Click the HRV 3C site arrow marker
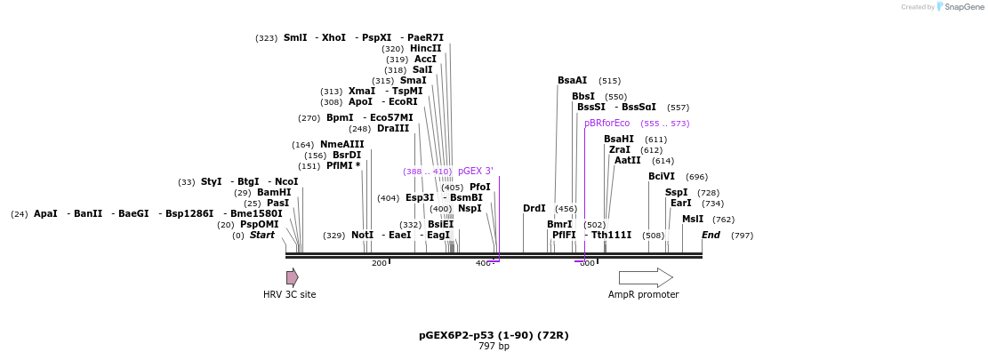click(x=292, y=277)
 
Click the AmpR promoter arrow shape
click(x=645, y=277)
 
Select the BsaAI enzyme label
click(x=572, y=81)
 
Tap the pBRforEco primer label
click(x=606, y=124)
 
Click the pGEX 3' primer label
click(x=475, y=172)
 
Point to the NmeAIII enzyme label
click(x=341, y=145)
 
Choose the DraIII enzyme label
click(x=393, y=129)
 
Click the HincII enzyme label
click(x=425, y=49)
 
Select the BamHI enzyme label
click(x=274, y=193)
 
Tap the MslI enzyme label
click(x=693, y=220)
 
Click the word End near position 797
click(x=711, y=236)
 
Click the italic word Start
click(x=261, y=236)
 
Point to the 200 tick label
click(x=379, y=263)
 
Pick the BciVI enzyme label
click(x=662, y=177)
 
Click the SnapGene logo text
click(x=964, y=7)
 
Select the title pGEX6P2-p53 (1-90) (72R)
click(x=494, y=336)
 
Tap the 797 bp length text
click(x=494, y=347)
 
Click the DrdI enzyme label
click(x=534, y=209)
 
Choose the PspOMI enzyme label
click(x=259, y=225)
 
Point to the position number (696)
click(x=696, y=177)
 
